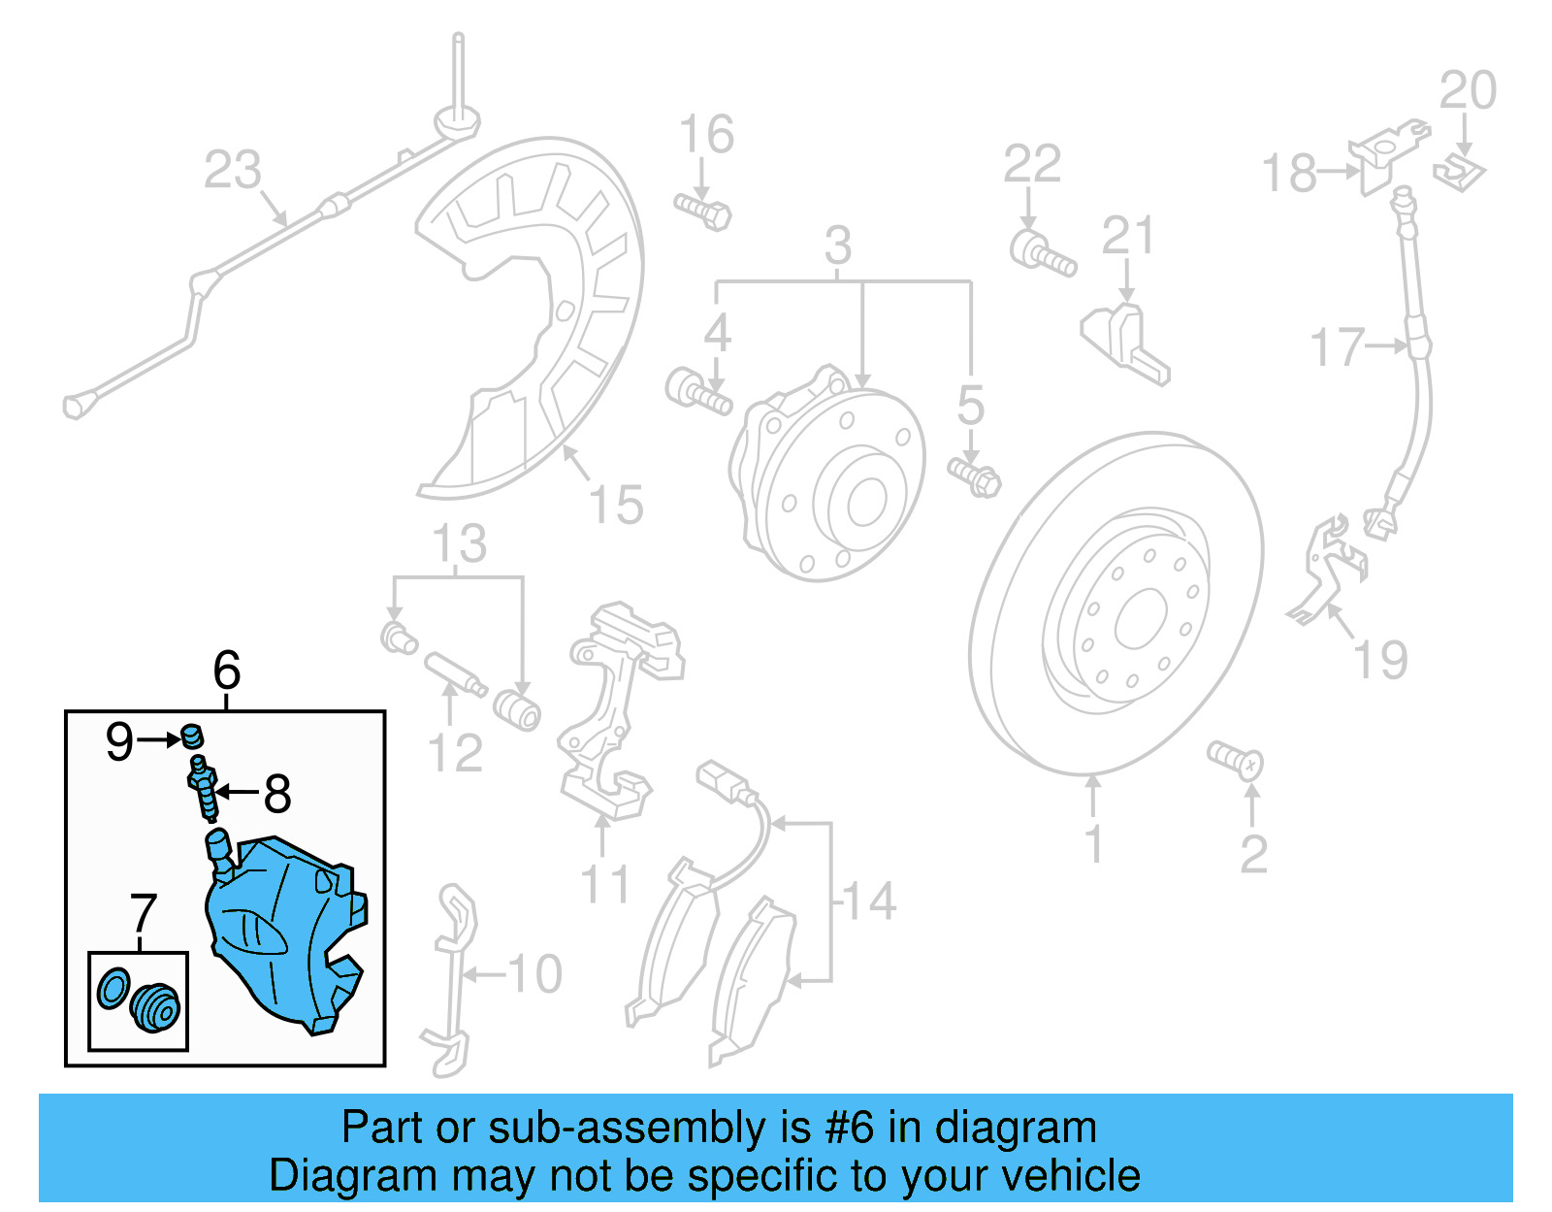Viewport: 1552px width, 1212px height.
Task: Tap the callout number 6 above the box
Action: [226, 671]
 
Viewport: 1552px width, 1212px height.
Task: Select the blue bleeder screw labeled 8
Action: [203, 789]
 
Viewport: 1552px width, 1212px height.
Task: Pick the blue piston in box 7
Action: [154, 1007]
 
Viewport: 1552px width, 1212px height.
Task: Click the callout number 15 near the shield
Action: [616, 506]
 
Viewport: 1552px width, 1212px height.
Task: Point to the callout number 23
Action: [233, 170]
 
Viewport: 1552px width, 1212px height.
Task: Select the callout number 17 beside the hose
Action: [1337, 347]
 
